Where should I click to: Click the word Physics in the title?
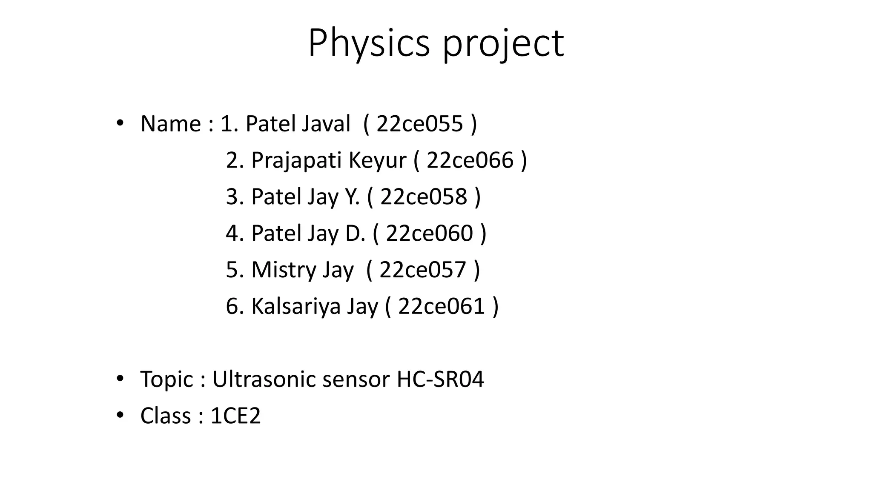[x=369, y=43]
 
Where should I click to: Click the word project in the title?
[x=503, y=43]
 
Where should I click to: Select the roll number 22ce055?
[x=419, y=124]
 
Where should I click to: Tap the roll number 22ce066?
[x=470, y=160]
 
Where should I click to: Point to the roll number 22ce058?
[x=424, y=197]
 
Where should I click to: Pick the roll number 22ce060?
[x=429, y=233]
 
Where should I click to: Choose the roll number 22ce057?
[x=423, y=270]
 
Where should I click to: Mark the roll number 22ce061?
[x=442, y=306]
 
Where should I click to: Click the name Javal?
[x=326, y=124]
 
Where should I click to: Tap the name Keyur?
[x=377, y=161]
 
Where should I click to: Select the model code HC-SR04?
[x=440, y=379]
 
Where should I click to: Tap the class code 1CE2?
[x=235, y=416]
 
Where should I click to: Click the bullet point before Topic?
[x=120, y=378]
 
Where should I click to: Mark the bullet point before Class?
[x=120, y=415]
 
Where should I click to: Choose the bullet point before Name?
[x=120, y=123]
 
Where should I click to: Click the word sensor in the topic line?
[x=356, y=379]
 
